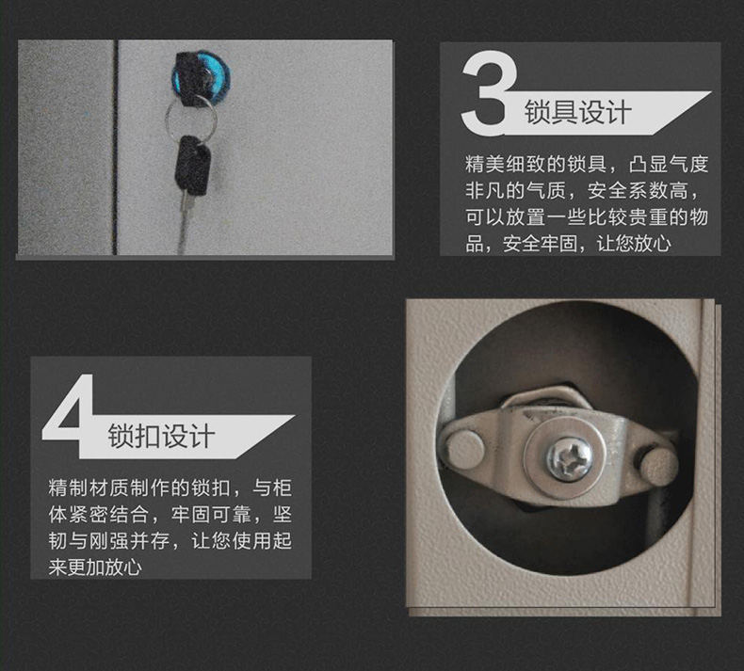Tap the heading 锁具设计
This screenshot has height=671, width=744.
pyautogui.click(x=577, y=114)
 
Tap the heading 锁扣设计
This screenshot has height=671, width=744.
pyautogui.click(x=161, y=437)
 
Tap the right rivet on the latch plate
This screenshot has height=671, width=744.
pyautogui.click(x=658, y=460)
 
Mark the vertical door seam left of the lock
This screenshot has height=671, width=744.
pyautogui.click(x=116, y=146)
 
